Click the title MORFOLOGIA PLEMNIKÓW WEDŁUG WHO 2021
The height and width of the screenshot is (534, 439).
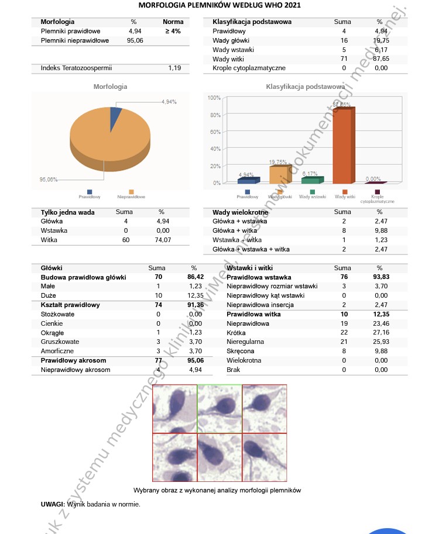point(220,5)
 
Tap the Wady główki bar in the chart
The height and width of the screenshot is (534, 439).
point(280,175)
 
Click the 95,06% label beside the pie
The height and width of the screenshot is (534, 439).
point(48,180)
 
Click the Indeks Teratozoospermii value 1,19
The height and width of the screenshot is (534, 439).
point(174,68)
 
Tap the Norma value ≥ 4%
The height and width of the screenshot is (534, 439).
point(173,31)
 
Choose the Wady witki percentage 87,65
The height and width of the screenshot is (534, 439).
point(381,59)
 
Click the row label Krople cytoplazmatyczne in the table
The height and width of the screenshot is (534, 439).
point(249,68)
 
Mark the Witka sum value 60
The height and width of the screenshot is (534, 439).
point(125,240)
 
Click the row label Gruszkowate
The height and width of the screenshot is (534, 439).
point(60,342)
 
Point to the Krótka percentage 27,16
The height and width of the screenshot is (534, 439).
point(381,333)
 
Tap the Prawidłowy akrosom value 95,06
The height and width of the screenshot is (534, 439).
point(196,361)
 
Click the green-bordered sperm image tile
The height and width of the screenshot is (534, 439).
point(220,408)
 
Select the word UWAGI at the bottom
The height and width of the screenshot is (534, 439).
point(52,504)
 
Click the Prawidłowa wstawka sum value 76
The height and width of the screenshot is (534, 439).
point(344,277)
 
